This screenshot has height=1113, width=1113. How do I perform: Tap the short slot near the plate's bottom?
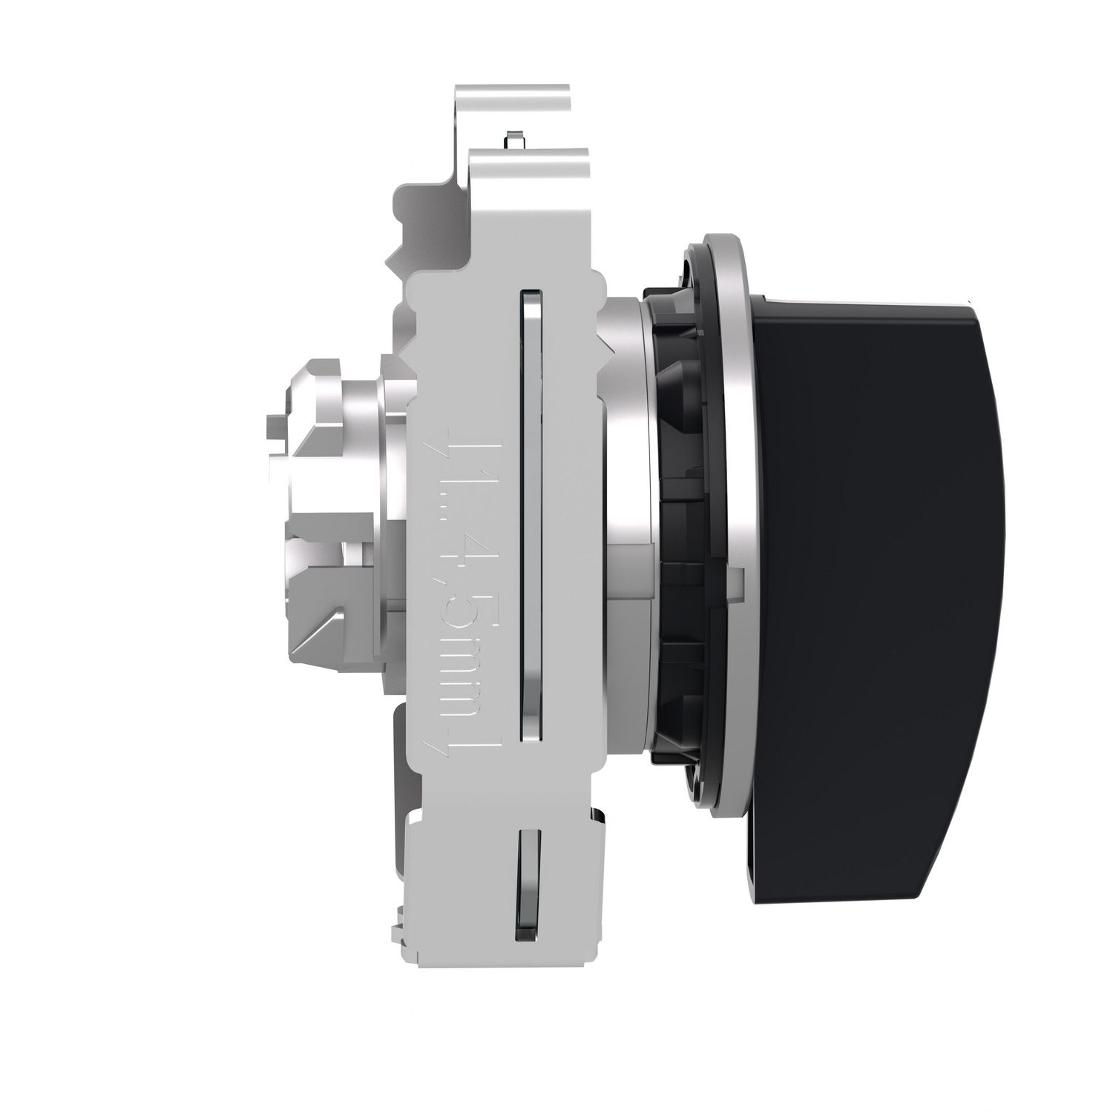(528, 883)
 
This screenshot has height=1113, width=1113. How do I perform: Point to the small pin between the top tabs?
(510, 137)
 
